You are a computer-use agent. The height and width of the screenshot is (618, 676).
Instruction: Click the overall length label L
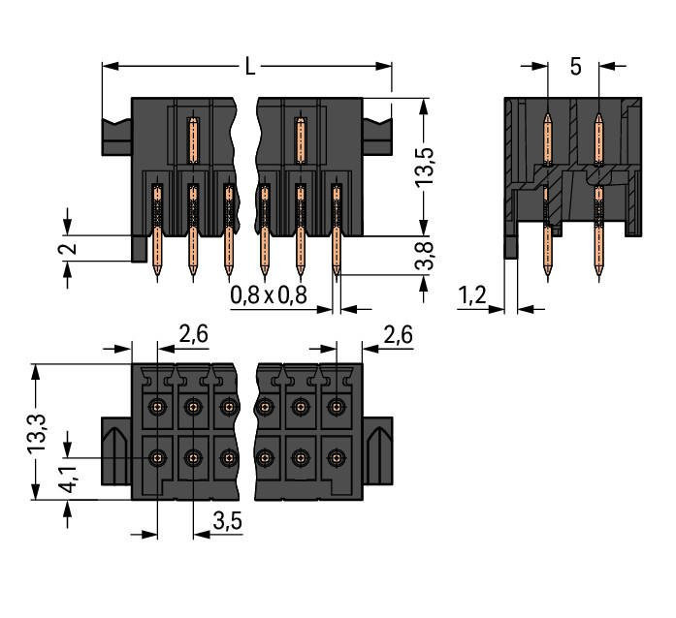coord(249,67)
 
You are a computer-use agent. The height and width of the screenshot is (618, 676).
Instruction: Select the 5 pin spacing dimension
coord(575,67)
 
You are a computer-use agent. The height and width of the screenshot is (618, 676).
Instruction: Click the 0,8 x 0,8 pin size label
coord(269,294)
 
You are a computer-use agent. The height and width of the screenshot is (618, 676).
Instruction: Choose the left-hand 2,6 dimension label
coord(193,335)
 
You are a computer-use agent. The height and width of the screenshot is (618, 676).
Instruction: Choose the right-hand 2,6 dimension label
coord(398,335)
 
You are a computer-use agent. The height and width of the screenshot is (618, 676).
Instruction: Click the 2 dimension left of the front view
coord(65,249)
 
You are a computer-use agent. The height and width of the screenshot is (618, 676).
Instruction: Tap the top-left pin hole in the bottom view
coord(157,407)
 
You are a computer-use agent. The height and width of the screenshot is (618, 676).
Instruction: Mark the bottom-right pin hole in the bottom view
coord(337,455)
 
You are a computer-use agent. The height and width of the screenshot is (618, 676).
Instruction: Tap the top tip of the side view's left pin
coord(548,116)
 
